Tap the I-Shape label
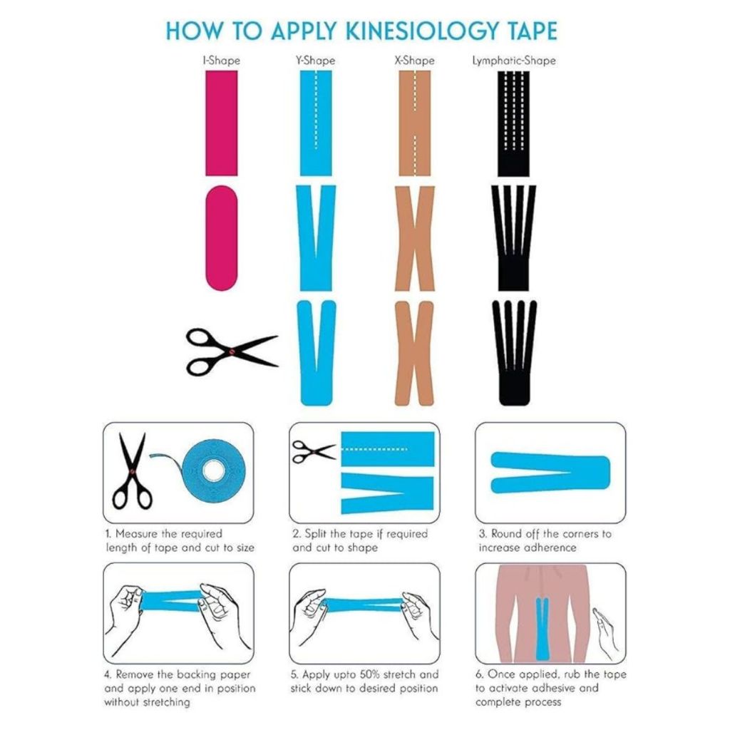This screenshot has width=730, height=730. (221, 61)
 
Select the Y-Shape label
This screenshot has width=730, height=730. (316, 61)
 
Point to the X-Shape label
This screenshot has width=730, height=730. (414, 61)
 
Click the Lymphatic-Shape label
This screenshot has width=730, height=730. (514, 61)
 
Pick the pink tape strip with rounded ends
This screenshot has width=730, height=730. (222, 238)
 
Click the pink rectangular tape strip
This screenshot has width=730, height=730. (222, 123)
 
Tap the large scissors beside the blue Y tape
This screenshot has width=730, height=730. (232, 351)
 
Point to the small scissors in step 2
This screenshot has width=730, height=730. (314, 451)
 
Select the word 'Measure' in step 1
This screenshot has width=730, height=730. (137, 533)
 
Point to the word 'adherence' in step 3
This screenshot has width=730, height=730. (550, 547)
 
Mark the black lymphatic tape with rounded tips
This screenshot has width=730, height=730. (514, 353)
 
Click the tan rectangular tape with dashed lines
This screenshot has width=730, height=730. (415, 123)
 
